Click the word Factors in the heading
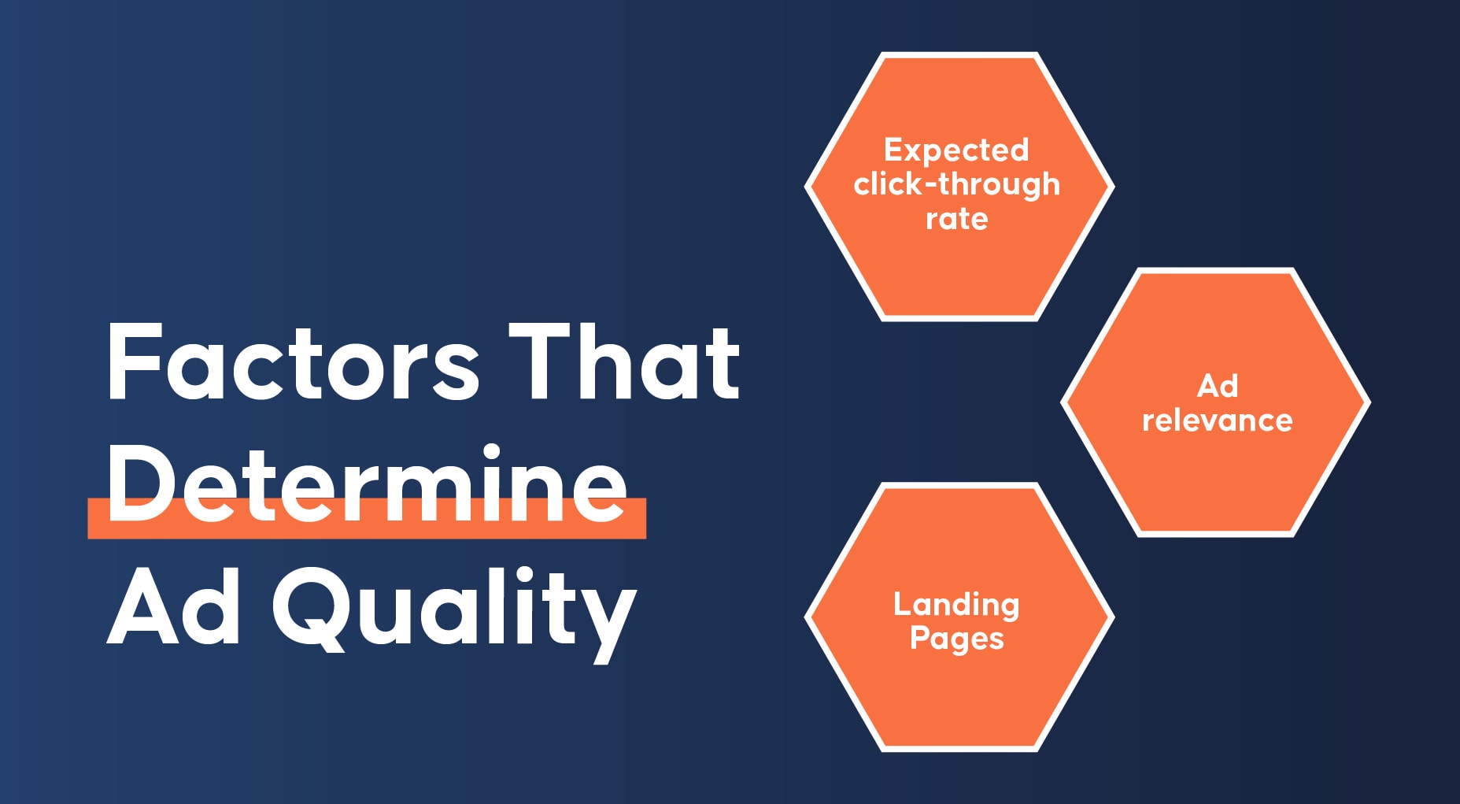[293, 362]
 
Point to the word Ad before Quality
[173, 606]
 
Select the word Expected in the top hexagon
[956, 150]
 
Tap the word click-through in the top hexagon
[957, 184]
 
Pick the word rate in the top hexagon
[957, 219]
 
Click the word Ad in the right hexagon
[1218, 386]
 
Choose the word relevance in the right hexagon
[1218, 421]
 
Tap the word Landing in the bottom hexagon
[956, 605]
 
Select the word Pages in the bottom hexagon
[957, 639]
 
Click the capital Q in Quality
[310, 609]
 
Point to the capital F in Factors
[133, 362]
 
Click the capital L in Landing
[903, 604]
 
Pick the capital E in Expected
[893, 150]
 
